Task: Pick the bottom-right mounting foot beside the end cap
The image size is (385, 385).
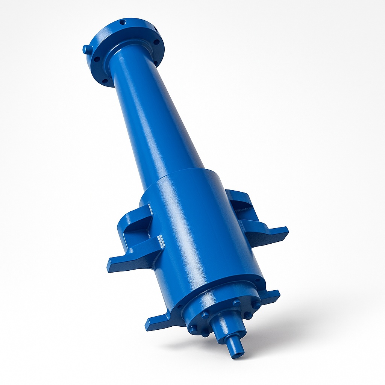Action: tap(271, 296)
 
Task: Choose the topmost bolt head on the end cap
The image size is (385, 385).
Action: tap(236, 302)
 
